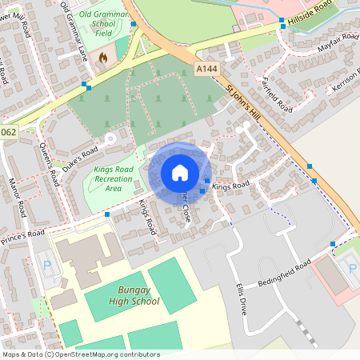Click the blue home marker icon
pos(180,172)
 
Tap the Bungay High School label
pos(126,296)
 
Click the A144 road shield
pos(206,70)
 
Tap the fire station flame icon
pos(102,57)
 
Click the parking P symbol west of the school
pos(46,266)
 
